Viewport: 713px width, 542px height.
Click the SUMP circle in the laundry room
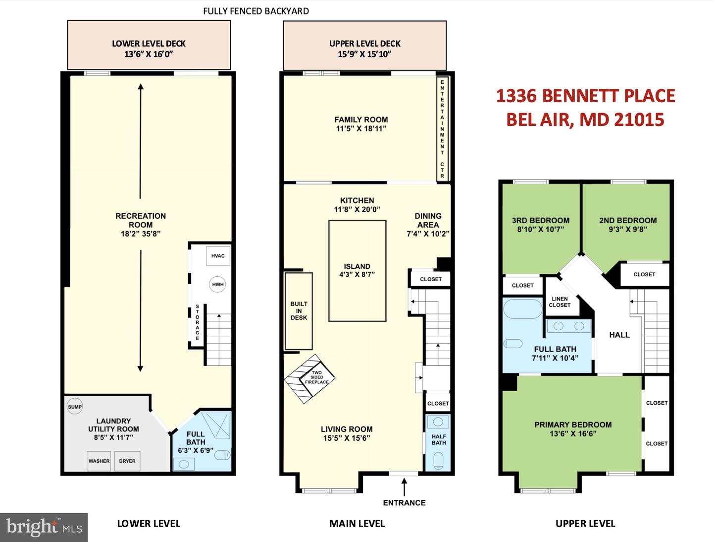(x=75, y=407)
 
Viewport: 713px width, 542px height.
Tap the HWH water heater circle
(x=217, y=284)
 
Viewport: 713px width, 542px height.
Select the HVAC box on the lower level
(x=218, y=256)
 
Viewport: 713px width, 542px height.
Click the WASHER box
(x=99, y=461)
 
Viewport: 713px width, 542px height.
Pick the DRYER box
(x=127, y=461)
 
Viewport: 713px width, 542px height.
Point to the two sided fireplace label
(x=317, y=377)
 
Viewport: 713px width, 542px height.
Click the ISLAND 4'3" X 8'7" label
(x=357, y=270)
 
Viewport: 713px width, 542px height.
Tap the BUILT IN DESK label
(x=299, y=311)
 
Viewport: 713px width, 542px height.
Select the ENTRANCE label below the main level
(x=404, y=503)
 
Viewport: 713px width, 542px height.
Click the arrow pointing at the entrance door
(x=404, y=486)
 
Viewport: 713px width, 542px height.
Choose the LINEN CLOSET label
(x=560, y=302)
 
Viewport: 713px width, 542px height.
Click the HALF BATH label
(x=439, y=439)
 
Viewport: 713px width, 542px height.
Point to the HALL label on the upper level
(x=619, y=335)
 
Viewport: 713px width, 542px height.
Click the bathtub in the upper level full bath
(x=523, y=308)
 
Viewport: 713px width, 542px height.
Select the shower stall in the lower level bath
(x=216, y=424)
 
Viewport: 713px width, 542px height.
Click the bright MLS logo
(x=44, y=527)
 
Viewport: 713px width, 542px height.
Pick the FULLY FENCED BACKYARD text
(x=256, y=11)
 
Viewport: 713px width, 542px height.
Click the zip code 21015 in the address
(x=640, y=120)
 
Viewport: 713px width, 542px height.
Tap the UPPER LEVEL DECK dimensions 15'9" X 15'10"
(x=364, y=54)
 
